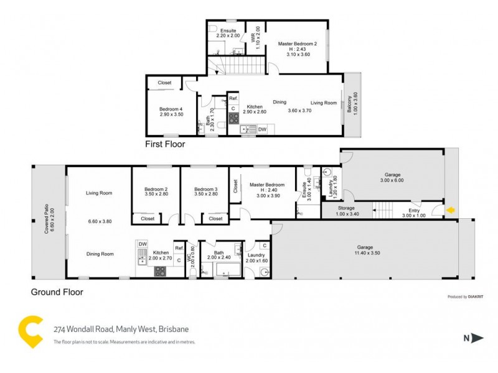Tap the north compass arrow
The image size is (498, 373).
[477, 338]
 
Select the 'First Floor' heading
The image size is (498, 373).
[164, 144]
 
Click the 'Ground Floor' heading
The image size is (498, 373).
[57, 291]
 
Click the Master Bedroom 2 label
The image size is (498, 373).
[298, 44]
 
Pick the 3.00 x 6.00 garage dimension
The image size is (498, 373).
[392, 180]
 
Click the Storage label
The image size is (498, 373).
[347, 208]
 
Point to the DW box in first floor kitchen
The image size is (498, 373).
[262, 129]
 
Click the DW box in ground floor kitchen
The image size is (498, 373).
[143, 244]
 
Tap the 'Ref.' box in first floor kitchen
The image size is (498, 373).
[233, 99]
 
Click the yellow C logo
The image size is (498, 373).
[30, 332]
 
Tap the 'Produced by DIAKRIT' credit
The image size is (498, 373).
[466, 297]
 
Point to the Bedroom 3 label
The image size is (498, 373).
[205, 190]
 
